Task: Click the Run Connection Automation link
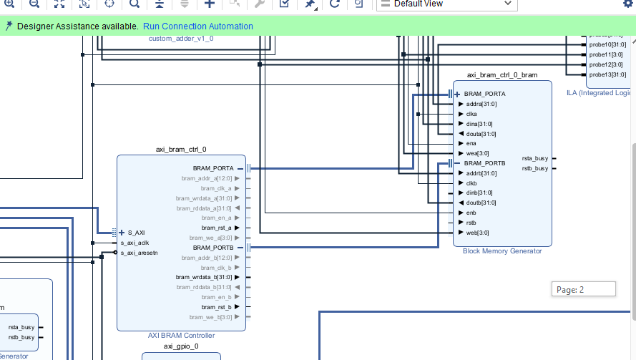(x=198, y=26)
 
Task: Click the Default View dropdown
(x=446, y=4)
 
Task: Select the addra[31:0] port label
(x=481, y=104)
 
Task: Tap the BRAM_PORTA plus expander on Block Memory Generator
(x=456, y=94)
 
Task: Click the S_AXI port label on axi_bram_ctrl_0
(x=137, y=233)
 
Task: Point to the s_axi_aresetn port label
(x=139, y=253)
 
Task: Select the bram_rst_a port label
(x=217, y=228)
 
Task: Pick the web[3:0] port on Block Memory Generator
(x=477, y=233)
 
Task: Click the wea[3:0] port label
(x=477, y=152)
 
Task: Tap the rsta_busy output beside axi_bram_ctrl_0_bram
(x=535, y=158)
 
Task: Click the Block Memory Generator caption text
(x=502, y=251)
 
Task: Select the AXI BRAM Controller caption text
(x=181, y=335)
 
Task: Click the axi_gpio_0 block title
(x=181, y=346)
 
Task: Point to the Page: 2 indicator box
(x=583, y=289)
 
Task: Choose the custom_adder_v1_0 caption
(x=181, y=38)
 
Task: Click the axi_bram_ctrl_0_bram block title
(x=502, y=74)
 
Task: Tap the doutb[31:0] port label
(x=481, y=203)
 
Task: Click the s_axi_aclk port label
(x=134, y=243)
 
